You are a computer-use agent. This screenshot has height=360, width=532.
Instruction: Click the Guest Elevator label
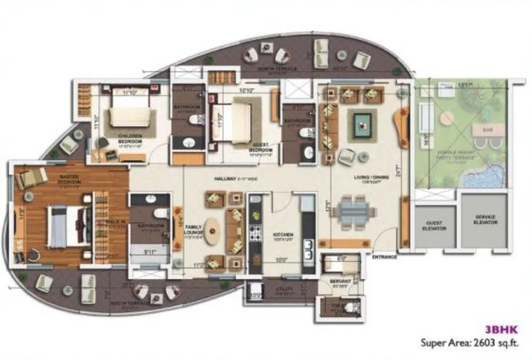(435, 226)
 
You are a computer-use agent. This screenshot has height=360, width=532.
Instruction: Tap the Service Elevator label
(485, 220)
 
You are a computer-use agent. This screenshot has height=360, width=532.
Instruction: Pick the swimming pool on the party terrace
(483, 176)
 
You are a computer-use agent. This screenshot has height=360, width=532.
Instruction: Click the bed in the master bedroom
(67, 226)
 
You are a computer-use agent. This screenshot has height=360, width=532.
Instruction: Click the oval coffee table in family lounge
(213, 231)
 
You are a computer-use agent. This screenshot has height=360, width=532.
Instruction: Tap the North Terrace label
(278, 69)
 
